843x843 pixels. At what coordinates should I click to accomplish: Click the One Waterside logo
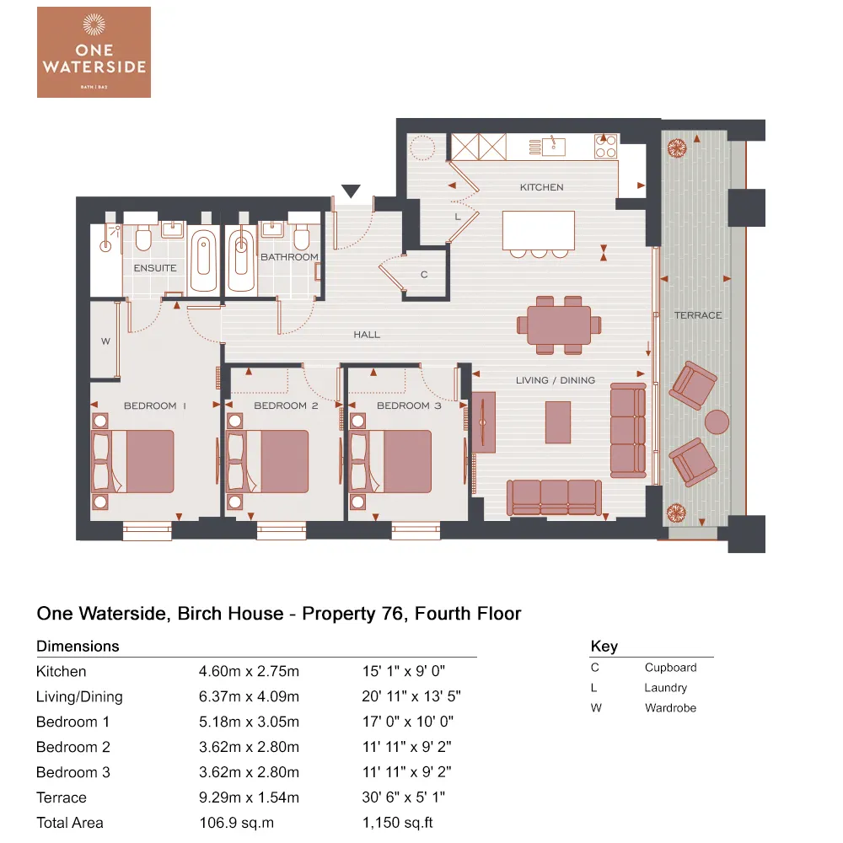coord(94,51)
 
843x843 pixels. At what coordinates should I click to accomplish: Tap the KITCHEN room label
coord(541,187)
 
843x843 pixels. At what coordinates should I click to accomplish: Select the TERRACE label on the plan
coord(698,315)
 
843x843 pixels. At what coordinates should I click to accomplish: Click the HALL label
coord(367,335)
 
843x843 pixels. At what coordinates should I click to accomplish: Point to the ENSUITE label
coord(156,268)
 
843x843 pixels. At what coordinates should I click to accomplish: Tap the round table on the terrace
coord(717,421)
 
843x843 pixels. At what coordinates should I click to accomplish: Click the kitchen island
coord(539,230)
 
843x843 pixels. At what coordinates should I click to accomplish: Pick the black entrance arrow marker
coord(351,192)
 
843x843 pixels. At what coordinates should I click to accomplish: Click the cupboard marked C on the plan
coord(424,275)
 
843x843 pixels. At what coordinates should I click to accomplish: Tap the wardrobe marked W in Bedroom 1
coord(105,341)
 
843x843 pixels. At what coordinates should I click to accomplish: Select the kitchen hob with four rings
coord(605,147)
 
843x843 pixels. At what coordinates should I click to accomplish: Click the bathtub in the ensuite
coord(203,260)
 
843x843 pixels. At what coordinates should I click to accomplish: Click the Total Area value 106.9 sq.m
coord(237,823)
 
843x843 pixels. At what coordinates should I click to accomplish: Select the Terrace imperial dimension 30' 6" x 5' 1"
coord(403,797)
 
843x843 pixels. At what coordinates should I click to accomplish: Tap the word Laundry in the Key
coord(665,688)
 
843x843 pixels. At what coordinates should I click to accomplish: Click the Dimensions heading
coord(78,647)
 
